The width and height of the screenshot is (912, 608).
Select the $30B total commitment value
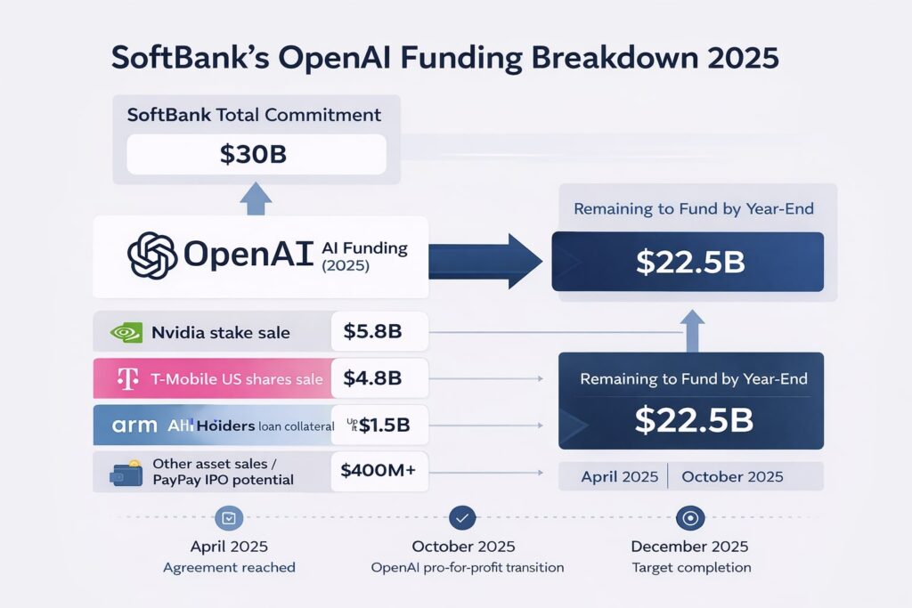253,154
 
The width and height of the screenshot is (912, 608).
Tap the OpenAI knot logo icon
152,255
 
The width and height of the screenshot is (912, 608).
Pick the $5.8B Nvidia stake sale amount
372,333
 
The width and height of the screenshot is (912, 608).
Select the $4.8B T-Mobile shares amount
372,378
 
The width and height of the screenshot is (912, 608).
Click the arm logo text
134,426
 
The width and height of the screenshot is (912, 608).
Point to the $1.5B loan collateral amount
378,426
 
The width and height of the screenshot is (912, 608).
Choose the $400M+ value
378,472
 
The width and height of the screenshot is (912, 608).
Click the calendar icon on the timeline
229,517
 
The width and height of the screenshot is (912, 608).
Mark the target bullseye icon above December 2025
689,517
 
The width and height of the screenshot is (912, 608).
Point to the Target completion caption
689,567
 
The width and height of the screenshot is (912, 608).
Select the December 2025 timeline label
689,546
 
